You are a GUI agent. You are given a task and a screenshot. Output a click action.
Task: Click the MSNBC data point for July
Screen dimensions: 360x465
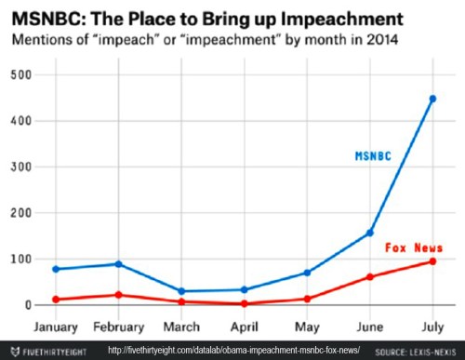coord(432,99)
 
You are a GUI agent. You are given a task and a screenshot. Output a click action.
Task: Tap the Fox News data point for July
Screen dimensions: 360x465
coord(432,261)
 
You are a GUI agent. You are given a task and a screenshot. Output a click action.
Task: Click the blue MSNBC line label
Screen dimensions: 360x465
coord(373,156)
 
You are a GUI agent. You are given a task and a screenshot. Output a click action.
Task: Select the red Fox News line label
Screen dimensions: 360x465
coord(412,247)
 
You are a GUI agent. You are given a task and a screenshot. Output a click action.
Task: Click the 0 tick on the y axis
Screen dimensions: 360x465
coord(29,305)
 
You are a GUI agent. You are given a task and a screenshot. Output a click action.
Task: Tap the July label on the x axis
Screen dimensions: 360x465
coord(432,327)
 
